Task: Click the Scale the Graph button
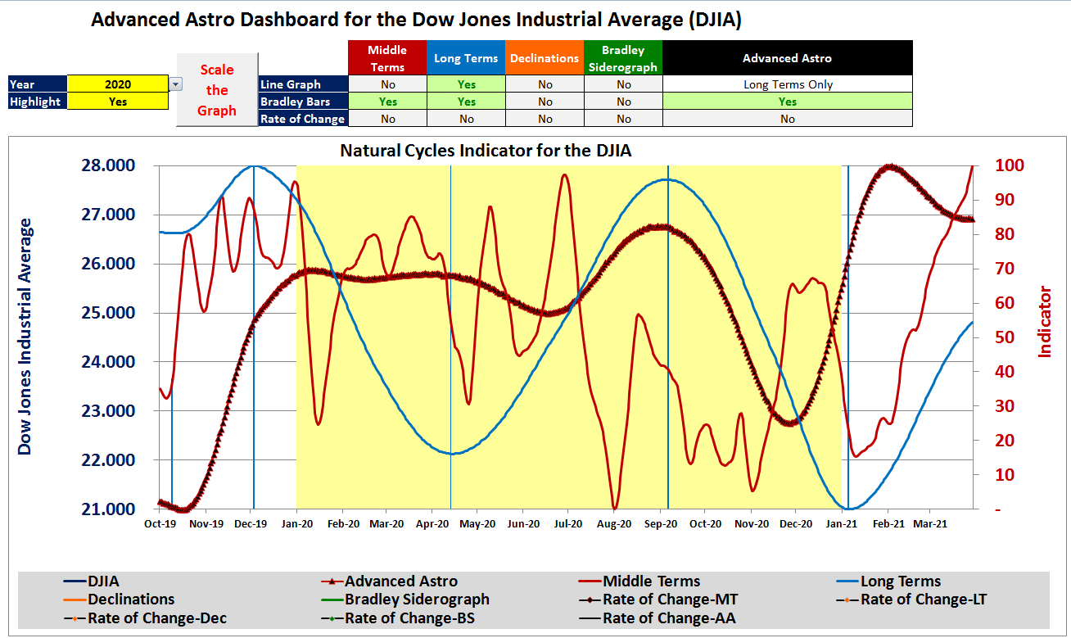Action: [217, 90]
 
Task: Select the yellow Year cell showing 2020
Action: [118, 84]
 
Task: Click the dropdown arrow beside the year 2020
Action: [176, 84]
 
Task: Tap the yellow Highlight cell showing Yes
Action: [118, 102]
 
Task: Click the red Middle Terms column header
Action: [387, 58]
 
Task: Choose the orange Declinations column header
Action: [545, 58]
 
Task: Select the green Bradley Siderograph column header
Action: [623, 58]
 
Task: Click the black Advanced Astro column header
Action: [787, 58]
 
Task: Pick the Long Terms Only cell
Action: [787, 84]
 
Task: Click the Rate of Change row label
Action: [302, 119]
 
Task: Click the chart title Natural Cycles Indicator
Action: [486, 151]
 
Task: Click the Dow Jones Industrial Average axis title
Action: [25, 336]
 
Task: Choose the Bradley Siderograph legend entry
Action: [416, 600]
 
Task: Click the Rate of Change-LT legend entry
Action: [923, 600]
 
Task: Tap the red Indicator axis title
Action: [1045, 321]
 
